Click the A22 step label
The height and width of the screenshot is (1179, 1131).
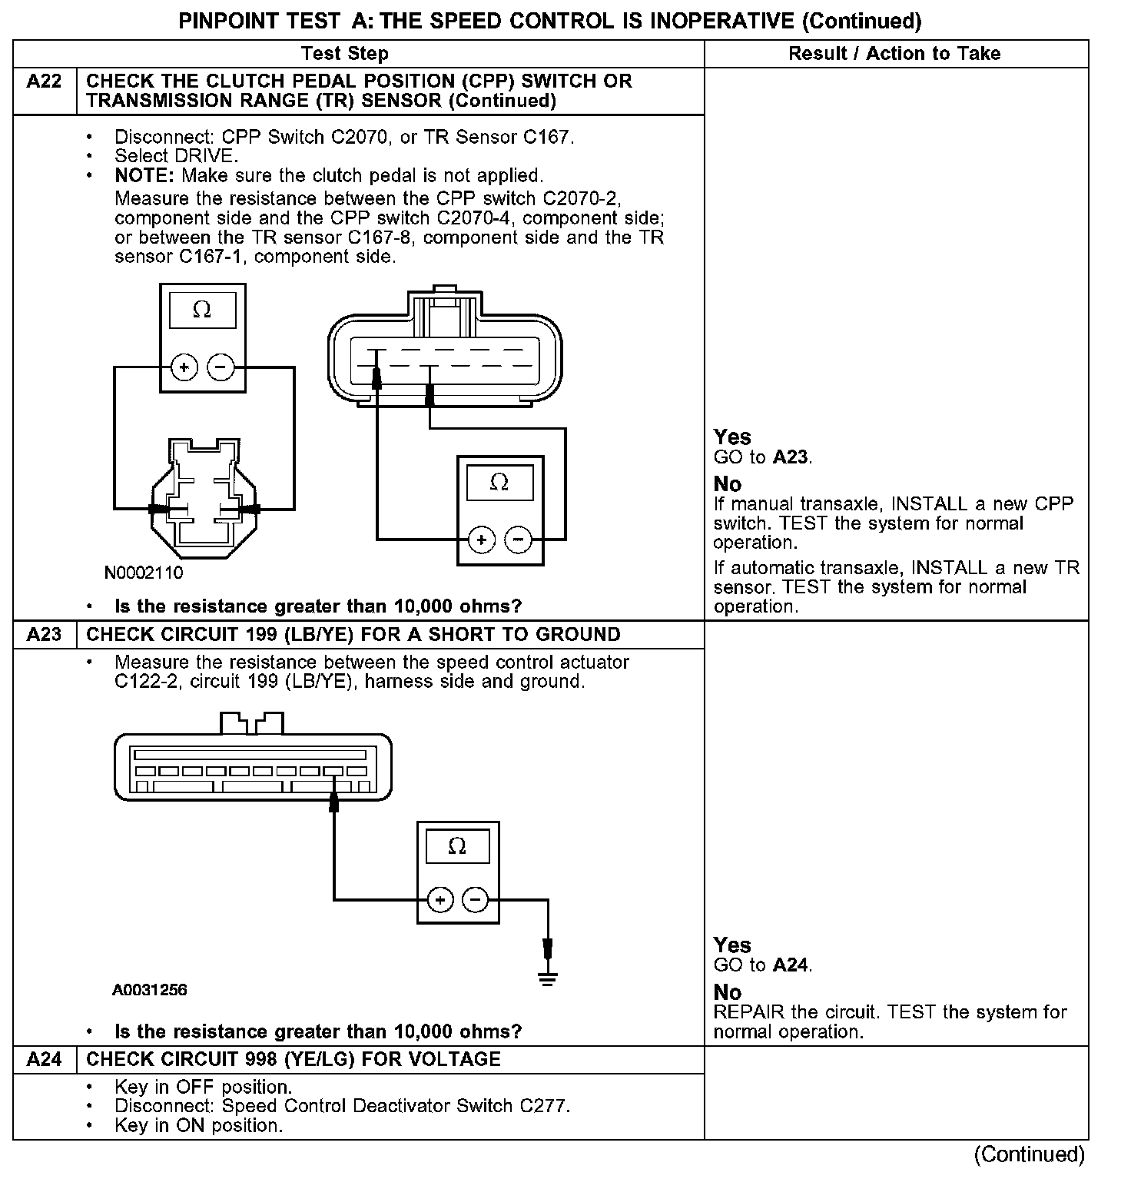pyautogui.click(x=44, y=81)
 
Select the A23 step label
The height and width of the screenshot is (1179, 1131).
pyautogui.click(x=44, y=635)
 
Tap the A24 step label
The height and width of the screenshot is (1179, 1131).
pyautogui.click(x=44, y=1059)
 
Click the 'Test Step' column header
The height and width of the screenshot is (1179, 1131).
pyautogui.click(x=345, y=54)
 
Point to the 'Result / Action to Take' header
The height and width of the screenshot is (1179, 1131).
pyautogui.click(x=894, y=54)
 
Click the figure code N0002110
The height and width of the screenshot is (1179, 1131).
pyautogui.click(x=144, y=573)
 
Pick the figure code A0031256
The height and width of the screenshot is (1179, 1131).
pyautogui.click(x=149, y=990)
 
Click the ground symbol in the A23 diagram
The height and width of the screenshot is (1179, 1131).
pyautogui.click(x=548, y=978)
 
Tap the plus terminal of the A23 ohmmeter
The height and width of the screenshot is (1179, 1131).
pyautogui.click(x=439, y=899)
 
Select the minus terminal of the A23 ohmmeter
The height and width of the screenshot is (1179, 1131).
pyautogui.click(x=476, y=899)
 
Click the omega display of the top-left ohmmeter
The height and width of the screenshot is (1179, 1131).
pyautogui.click(x=202, y=310)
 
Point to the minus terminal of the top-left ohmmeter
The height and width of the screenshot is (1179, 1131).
pyautogui.click(x=221, y=367)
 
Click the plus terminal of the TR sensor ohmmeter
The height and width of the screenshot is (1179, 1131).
pyautogui.click(x=481, y=540)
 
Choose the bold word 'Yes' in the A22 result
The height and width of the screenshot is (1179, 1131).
pyautogui.click(x=732, y=437)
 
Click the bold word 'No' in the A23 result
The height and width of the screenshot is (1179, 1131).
pyautogui.click(x=728, y=992)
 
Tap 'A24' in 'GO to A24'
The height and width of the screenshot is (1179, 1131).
pyautogui.click(x=791, y=965)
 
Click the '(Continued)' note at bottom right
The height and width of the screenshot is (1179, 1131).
pyautogui.click(x=1029, y=1154)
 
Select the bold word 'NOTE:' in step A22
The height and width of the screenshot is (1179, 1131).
pyautogui.click(x=145, y=175)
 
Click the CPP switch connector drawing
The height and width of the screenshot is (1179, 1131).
pyautogui.click(x=204, y=500)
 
